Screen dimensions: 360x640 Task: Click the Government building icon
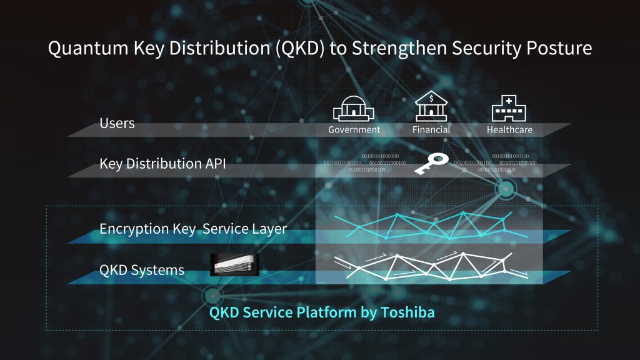tap(354, 111)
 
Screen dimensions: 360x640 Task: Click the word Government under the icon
tap(354, 130)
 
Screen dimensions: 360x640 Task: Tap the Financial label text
tap(431, 130)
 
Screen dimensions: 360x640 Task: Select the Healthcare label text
tap(509, 130)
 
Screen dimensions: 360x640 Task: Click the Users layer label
tap(117, 123)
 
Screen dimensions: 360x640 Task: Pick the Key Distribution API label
tap(162, 164)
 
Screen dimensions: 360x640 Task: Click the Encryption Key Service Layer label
tap(193, 229)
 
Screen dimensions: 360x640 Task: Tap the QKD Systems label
tap(142, 270)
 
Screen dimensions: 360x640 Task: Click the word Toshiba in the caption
tap(411, 312)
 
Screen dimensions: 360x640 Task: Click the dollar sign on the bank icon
tap(431, 98)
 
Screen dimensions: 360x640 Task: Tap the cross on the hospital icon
tap(509, 101)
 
